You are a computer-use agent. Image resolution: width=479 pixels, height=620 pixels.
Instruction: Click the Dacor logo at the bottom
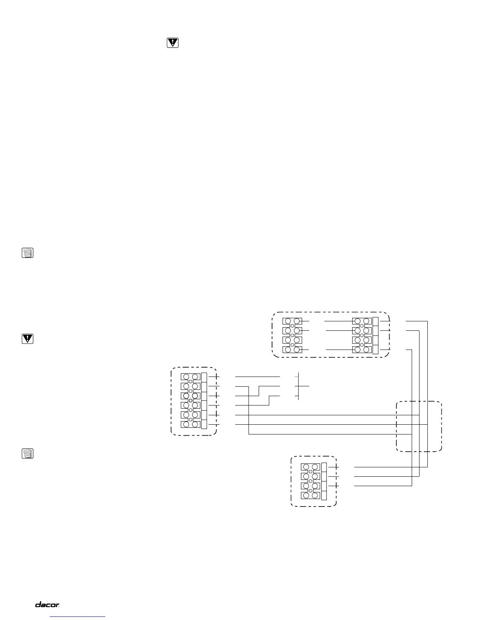pos(47,605)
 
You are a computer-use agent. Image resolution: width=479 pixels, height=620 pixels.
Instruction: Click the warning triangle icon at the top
pos(172,43)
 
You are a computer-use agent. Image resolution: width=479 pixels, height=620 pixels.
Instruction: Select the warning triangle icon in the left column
pos(27,339)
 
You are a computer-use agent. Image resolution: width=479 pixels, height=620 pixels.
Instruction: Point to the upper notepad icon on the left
pos(27,253)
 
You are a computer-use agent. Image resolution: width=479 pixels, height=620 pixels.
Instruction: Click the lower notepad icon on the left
pos(27,454)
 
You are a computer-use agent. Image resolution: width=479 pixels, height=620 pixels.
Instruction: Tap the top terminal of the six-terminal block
pos(191,377)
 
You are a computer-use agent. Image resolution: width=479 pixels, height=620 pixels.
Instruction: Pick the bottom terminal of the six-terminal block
pos(191,425)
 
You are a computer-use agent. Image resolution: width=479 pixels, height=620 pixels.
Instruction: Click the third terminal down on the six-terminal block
pos(191,396)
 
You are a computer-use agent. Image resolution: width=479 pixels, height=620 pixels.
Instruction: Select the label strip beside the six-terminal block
pos(204,401)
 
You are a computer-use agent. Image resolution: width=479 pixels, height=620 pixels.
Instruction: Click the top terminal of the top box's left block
pos(292,322)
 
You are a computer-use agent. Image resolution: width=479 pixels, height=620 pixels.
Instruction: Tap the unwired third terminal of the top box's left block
pos(292,340)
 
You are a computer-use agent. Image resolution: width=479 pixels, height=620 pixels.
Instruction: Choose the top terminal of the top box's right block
pos(362,322)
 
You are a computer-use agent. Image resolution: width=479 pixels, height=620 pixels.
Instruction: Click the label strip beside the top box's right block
pos(376,335)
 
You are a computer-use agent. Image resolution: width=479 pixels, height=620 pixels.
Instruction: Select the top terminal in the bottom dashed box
pos(311,467)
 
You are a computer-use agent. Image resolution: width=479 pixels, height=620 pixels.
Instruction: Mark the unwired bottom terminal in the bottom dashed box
pos(311,496)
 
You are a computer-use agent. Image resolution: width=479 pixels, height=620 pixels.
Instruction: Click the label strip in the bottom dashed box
pos(324,481)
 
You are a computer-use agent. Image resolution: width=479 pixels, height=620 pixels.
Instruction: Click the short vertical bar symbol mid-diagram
pos(298,386)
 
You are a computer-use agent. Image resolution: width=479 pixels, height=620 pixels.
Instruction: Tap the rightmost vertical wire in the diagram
pos(428,391)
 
